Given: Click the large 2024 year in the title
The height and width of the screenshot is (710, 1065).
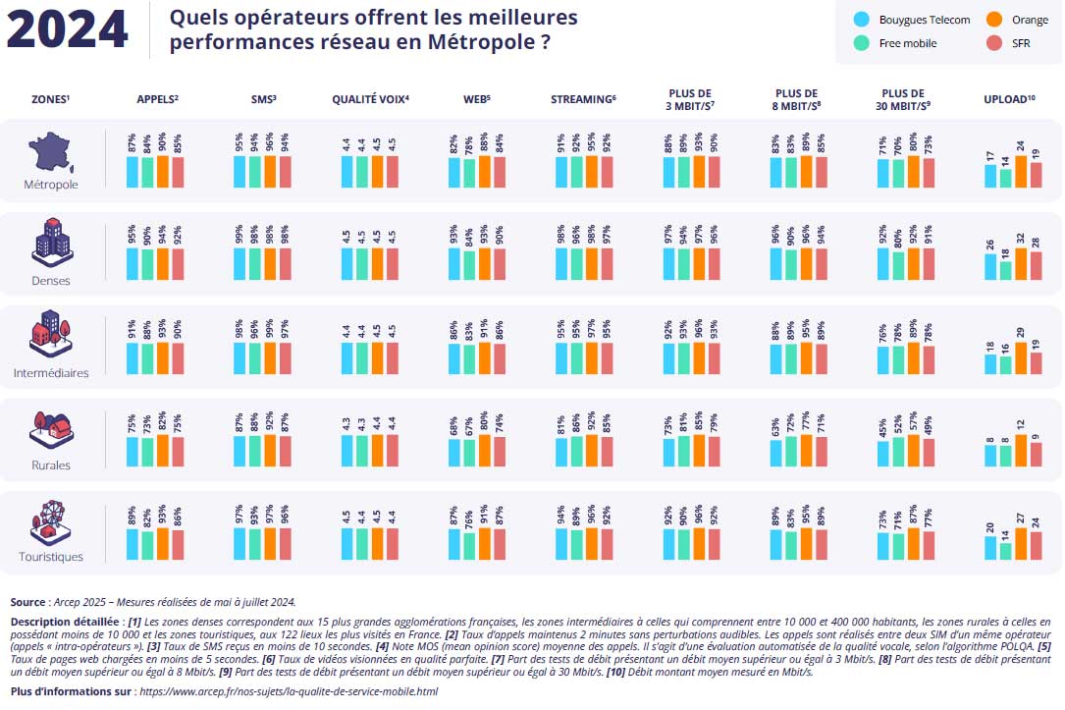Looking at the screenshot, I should point(68,29).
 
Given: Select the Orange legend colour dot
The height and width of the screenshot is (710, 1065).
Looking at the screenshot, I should point(993,20).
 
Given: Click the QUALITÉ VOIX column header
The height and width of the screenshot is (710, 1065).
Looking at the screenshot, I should point(370,99).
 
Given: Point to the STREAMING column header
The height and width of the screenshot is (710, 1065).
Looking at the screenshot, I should point(583,99).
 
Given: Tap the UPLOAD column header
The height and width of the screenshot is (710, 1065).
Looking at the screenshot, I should point(1009,99).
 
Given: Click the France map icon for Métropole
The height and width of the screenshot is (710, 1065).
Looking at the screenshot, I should point(51,151).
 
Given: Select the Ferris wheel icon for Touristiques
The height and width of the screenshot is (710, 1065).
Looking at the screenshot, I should point(51,521).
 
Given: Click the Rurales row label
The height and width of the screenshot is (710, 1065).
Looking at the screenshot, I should point(51,465).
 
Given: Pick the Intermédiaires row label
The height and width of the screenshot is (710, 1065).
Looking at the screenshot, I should point(51,373).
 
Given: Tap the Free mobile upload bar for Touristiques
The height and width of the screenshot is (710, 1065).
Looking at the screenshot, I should point(1006,551).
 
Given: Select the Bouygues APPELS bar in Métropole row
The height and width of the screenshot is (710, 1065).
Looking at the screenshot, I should point(133,171).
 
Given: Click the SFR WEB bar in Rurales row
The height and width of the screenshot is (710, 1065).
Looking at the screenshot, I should point(500,452).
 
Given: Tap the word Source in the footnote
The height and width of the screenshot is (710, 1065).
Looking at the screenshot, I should point(27,602).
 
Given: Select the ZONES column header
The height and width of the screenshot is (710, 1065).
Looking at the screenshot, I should point(51,99).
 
